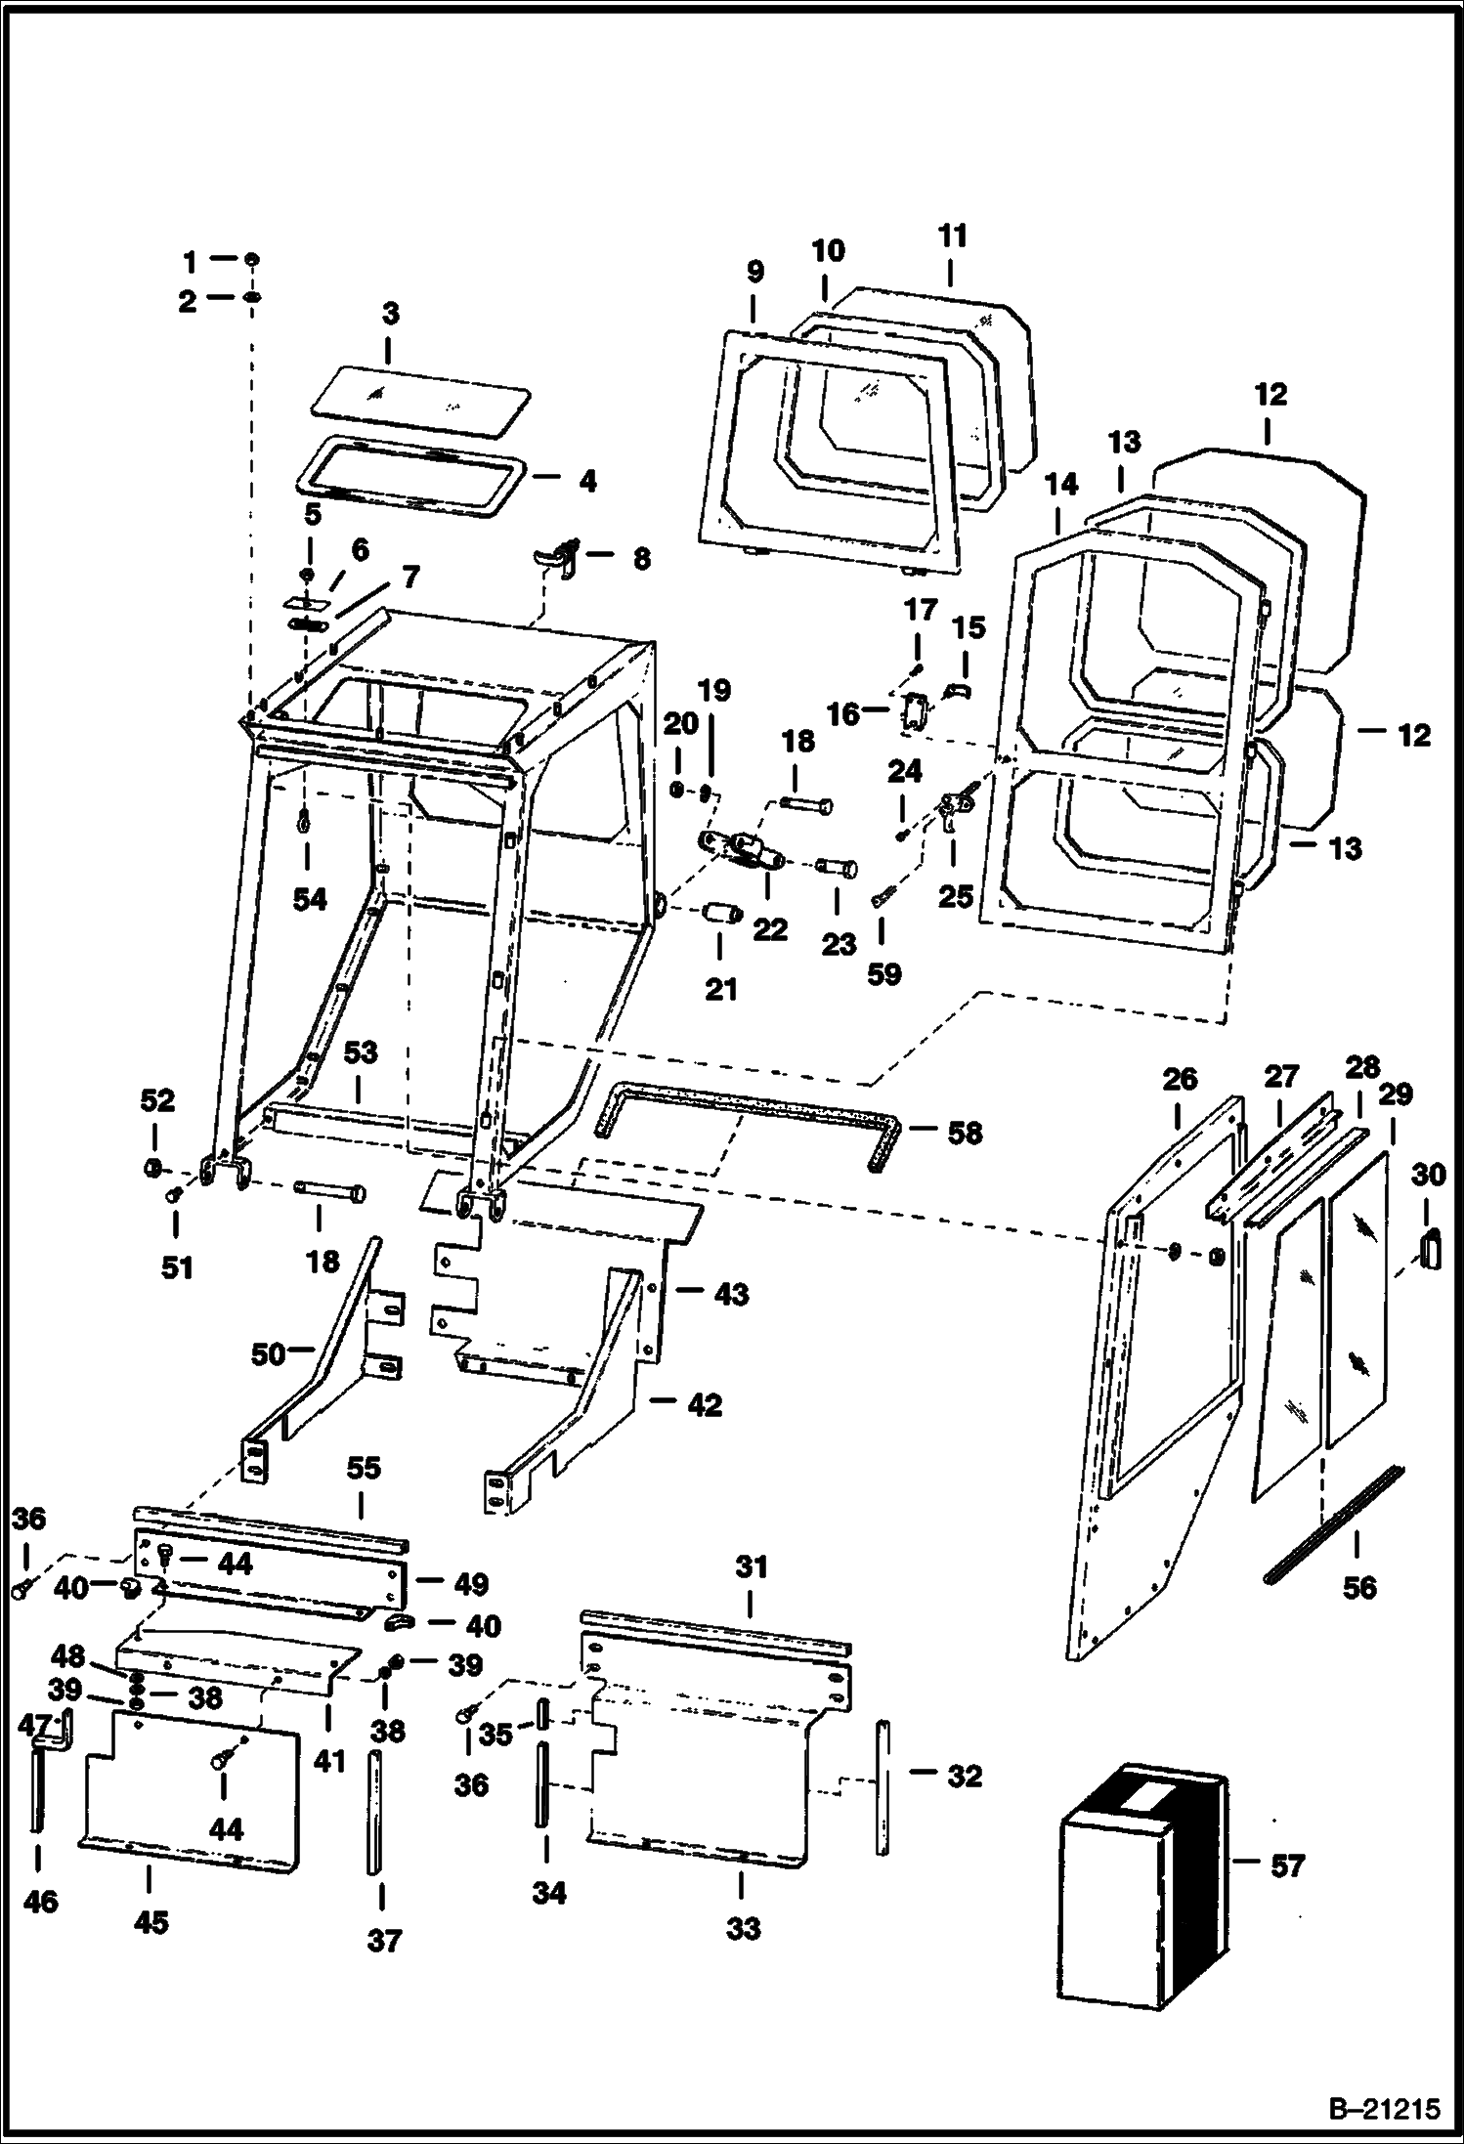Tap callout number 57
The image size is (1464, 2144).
(x=1288, y=1866)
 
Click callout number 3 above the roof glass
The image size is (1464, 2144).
(x=390, y=316)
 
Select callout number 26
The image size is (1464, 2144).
(x=1180, y=1079)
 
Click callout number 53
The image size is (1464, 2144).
(x=361, y=1052)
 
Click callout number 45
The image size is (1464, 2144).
(x=151, y=1922)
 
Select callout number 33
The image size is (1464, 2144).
(x=743, y=1929)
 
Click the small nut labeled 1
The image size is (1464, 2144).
(x=251, y=260)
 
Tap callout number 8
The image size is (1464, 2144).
(x=640, y=558)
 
